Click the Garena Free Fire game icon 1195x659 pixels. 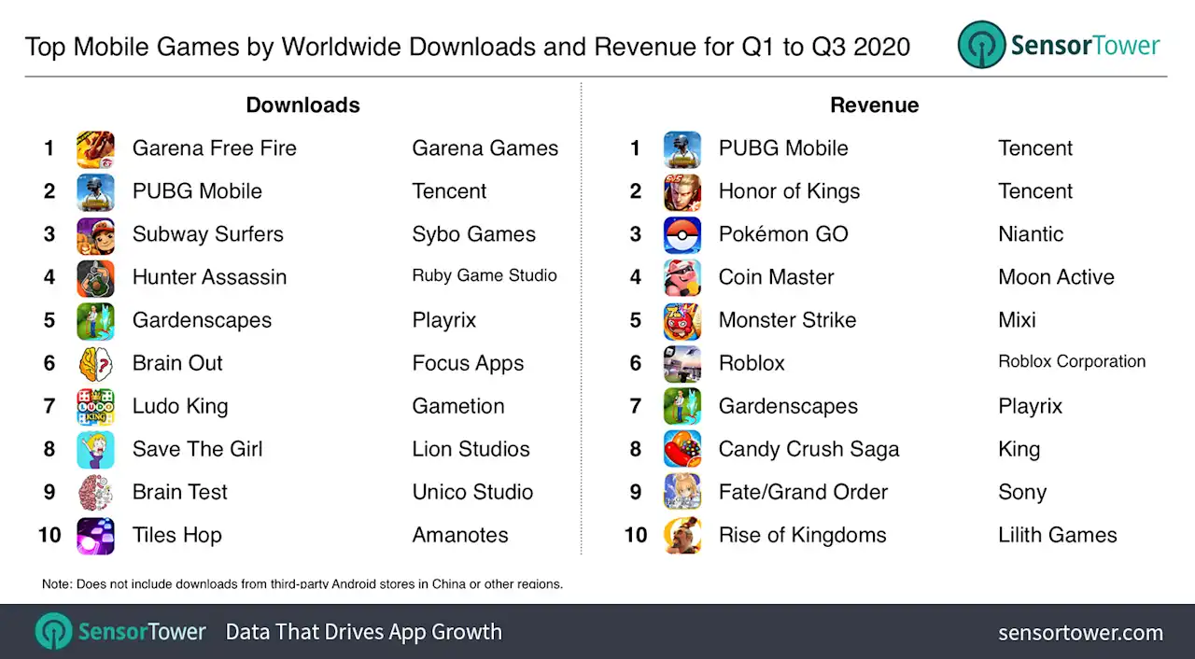95,148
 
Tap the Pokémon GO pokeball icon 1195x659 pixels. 682,234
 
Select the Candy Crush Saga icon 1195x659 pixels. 682,449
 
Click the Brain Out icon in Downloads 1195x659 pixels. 95,363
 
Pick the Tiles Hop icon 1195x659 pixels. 95,535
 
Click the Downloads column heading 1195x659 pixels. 302,105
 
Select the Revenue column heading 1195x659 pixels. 874,105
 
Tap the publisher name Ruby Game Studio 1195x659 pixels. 485,276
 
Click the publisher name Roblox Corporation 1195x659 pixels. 1072,362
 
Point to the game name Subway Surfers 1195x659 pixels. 207,234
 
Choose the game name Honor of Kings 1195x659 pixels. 789,191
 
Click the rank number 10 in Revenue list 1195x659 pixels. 635,535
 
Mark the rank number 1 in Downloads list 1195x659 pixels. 49,148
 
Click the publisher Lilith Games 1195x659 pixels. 1057,535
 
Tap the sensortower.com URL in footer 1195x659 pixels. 1080,633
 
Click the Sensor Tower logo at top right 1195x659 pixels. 1059,46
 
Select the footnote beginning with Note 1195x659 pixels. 302,584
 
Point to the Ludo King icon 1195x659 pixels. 95,406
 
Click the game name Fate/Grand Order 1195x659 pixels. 803,492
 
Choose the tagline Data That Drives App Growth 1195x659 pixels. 363,632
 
